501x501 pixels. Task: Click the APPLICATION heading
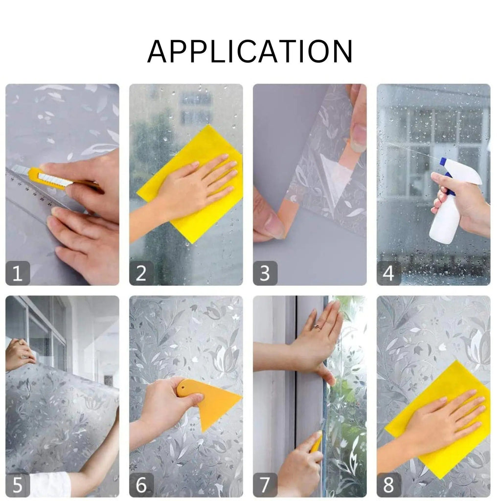point(250,51)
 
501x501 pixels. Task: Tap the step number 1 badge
point(18,273)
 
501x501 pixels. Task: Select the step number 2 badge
point(141,273)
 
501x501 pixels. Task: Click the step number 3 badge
point(265,273)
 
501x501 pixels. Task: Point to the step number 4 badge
point(389,273)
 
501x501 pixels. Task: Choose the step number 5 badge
point(18,485)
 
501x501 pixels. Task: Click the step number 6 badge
point(141,485)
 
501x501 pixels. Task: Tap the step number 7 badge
point(265,485)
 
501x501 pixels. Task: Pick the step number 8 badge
point(389,485)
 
